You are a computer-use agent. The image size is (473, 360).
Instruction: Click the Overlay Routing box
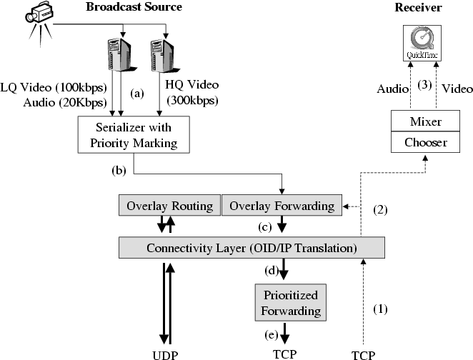tap(169, 206)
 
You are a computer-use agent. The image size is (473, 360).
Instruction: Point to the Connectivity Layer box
tap(251, 248)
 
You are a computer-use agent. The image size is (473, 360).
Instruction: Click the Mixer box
tap(424, 122)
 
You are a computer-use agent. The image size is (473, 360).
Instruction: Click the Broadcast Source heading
tap(134, 7)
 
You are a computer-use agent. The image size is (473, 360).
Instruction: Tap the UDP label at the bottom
tap(169, 354)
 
